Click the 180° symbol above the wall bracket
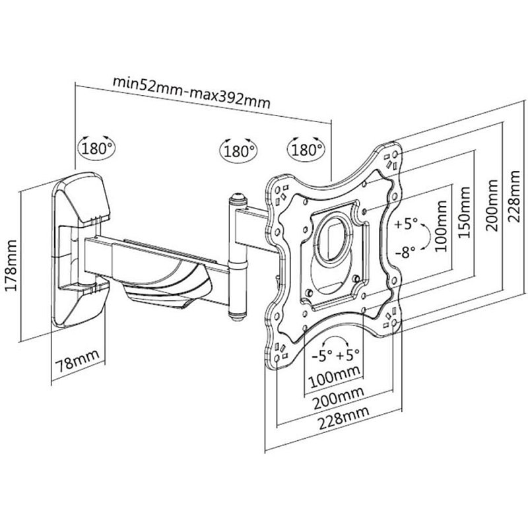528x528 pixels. click(96, 147)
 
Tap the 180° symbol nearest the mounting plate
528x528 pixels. click(306, 148)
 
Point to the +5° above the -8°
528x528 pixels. click(407, 224)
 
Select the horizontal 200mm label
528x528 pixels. click(333, 399)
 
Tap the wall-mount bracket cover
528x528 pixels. click(83, 195)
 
